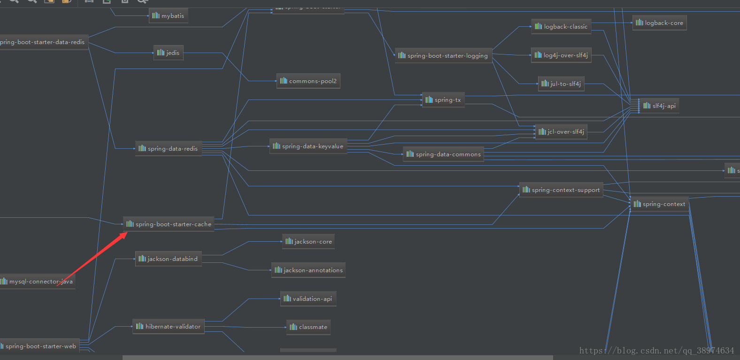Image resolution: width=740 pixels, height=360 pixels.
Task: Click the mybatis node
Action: click(x=168, y=16)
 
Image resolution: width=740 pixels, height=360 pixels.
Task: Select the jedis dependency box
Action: click(x=168, y=53)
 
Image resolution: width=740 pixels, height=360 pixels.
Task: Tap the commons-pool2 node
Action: click(x=308, y=81)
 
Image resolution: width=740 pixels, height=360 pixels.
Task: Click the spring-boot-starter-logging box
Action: click(x=443, y=56)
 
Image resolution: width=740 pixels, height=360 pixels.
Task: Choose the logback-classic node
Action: click(x=561, y=27)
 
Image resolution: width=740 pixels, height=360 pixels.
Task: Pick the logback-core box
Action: click(x=659, y=23)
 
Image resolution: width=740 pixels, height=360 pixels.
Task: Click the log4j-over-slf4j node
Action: click(x=561, y=55)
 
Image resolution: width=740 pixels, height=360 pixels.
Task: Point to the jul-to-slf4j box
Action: click(x=561, y=84)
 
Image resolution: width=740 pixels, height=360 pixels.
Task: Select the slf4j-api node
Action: click(x=659, y=106)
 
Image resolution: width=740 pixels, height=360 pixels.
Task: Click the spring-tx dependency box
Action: click(x=443, y=100)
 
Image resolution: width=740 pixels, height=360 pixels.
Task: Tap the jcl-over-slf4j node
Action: click(x=561, y=132)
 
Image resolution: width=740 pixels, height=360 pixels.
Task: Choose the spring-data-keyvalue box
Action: click(x=308, y=146)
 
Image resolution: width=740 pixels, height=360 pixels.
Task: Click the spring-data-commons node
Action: click(x=443, y=154)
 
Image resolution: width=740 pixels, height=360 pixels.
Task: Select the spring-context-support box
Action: click(x=561, y=190)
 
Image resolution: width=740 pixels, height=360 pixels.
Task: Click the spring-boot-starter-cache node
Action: click(x=169, y=224)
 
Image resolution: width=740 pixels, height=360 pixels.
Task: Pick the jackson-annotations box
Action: click(x=308, y=270)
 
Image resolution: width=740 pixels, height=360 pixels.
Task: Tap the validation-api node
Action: click(x=308, y=299)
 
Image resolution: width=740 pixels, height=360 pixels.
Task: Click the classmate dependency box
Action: click(x=308, y=327)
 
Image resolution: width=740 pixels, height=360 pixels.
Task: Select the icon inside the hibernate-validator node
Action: click(x=139, y=326)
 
